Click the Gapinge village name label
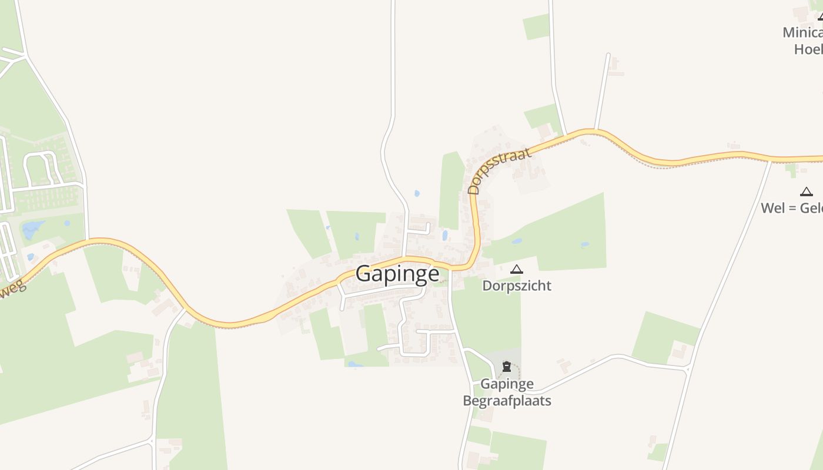coord(397,274)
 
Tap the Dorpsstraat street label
coord(500,170)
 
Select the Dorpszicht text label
coord(517,286)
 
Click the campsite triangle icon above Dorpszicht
coord(517,270)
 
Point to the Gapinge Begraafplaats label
coord(507,392)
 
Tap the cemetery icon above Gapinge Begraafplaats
coord(507,367)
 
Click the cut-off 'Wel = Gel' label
coord(791,208)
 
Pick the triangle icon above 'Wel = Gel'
coord(806,192)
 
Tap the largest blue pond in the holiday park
coord(34,229)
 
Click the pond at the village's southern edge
coord(355,364)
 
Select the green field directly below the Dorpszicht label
coord(487,317)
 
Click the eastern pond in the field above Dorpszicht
coord(585,245)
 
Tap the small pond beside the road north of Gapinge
coord(417,193)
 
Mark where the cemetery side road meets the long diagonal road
coord(688,368)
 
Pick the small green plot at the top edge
coord(536,26)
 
